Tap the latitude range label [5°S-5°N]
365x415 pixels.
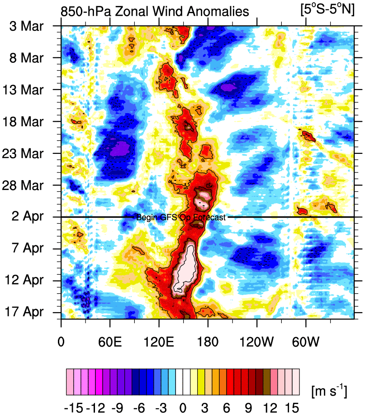[x=327, y=10]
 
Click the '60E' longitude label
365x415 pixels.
[x=110, y=340]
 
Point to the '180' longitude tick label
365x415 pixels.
[x=208, y=340]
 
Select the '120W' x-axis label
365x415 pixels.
[x=256, y=340]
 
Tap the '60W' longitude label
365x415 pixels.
[x=306, y=340]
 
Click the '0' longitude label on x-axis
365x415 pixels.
[x=61, y=340]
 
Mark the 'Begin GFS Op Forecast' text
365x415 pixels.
[x=180, y=218]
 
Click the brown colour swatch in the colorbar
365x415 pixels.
[x=267, y=376]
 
